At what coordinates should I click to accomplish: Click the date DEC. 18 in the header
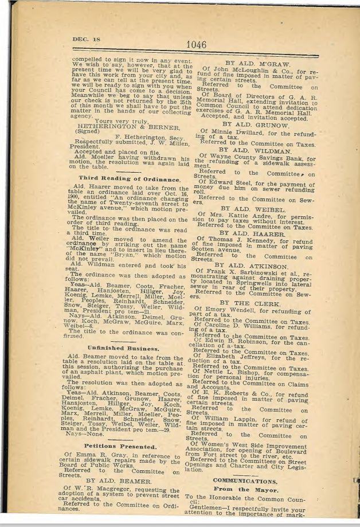[x=84, y=39]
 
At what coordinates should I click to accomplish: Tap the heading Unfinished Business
[x=123, y=348]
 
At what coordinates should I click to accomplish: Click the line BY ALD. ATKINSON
[x=255, y=265]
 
